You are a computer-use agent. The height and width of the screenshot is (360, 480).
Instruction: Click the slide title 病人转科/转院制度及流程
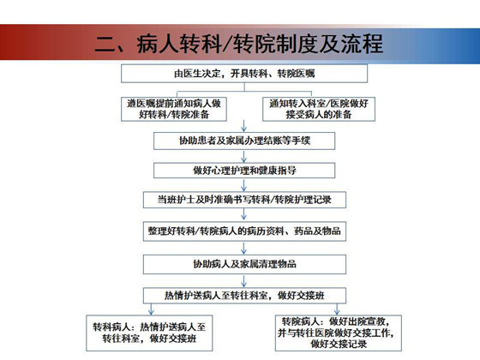[260, 44]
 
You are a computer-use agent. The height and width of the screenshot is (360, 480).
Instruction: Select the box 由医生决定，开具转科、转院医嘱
[244, 74]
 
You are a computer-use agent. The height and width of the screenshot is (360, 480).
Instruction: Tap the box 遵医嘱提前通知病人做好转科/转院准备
[174, 109]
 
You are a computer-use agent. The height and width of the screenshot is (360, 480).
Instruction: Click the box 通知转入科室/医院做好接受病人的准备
[319, 109]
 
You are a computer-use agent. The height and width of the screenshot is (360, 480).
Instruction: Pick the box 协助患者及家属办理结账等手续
[244, 141]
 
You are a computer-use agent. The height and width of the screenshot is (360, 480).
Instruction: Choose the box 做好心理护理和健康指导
[244, 171]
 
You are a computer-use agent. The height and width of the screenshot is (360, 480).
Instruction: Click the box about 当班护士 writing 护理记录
[244, 200]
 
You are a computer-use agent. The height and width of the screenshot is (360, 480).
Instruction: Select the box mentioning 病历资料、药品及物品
[244, 231]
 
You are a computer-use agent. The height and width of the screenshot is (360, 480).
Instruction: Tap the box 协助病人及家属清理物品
[244, 264]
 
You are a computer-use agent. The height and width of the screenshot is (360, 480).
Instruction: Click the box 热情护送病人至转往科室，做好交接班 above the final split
[244, 296]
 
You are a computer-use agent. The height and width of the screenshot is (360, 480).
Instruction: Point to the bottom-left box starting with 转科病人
[149, 333]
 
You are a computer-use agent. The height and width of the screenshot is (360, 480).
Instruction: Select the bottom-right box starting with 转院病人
[339, 333]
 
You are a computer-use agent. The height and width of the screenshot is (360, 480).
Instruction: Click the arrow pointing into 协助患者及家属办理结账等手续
[244, 126]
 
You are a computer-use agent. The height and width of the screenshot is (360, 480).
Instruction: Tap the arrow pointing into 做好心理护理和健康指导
[244, 156]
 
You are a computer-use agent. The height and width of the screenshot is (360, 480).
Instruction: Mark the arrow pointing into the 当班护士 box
[244, 185]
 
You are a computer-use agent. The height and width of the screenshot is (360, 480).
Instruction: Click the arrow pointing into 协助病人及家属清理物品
[244, 248]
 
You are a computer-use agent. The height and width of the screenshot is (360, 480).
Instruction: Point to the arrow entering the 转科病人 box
[151, 309]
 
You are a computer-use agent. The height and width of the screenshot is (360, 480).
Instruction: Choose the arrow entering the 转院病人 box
[337, 309]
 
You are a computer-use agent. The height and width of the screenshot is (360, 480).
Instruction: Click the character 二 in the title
[105, 44]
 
